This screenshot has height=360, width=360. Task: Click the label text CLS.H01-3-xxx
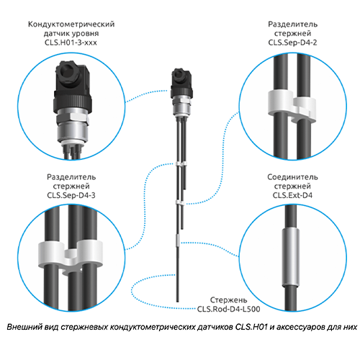(71, 42)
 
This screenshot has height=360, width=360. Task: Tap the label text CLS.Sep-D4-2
(292, 42)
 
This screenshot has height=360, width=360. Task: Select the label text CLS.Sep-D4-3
(71, 195)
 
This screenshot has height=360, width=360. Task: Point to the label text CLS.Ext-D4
(292, 195)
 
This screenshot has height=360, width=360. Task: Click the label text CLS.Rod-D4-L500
(228, 309)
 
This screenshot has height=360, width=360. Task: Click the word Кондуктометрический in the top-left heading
(71, 24)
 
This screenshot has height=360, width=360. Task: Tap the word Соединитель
(292, 177)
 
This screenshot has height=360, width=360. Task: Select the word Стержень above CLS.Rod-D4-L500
(228, 300)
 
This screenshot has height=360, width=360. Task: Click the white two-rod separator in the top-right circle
(292, 107)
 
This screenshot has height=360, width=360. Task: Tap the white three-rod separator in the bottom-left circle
(71, 258)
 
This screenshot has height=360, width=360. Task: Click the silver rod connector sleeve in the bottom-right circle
(291, 257)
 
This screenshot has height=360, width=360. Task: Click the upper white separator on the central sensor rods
(181, 164)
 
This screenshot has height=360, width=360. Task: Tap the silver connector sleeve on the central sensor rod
(178, 240)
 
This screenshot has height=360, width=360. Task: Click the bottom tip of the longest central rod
(178, 302)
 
